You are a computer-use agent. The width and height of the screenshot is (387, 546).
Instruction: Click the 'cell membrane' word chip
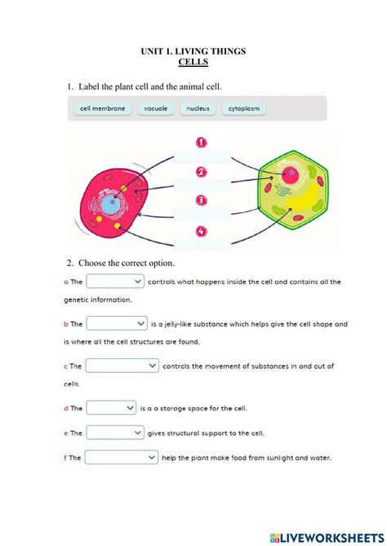[x=103, y=108]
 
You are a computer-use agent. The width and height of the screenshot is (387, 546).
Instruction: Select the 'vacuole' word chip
[x=155, y=108]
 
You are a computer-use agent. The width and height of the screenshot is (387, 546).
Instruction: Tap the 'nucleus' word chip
[x=198, y=108]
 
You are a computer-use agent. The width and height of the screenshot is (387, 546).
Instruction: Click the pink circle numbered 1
[x=201, y=141]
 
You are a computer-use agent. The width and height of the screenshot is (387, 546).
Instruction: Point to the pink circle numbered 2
[x=201, y=171]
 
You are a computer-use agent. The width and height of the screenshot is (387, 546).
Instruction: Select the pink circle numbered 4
[x=201, y=231]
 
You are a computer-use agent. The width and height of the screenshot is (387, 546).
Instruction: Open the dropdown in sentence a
[x=115, y=282]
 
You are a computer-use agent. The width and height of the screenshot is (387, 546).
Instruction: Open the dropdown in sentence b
[x=117, y=323]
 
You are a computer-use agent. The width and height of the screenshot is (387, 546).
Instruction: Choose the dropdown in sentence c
[x=122, y=366]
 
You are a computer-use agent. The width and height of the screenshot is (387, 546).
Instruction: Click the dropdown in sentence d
[x=111, y=407]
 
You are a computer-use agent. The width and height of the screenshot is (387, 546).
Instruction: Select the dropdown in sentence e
[x=115, y=433]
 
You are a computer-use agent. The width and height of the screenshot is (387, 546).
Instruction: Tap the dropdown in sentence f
[x=122, y=458]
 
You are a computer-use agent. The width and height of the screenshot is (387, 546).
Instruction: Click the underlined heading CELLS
[x=193, y=62]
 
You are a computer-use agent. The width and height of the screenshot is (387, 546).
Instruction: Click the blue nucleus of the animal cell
[x=109, y=205]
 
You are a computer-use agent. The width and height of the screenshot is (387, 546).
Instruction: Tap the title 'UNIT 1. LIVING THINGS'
[x=193, y=51]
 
